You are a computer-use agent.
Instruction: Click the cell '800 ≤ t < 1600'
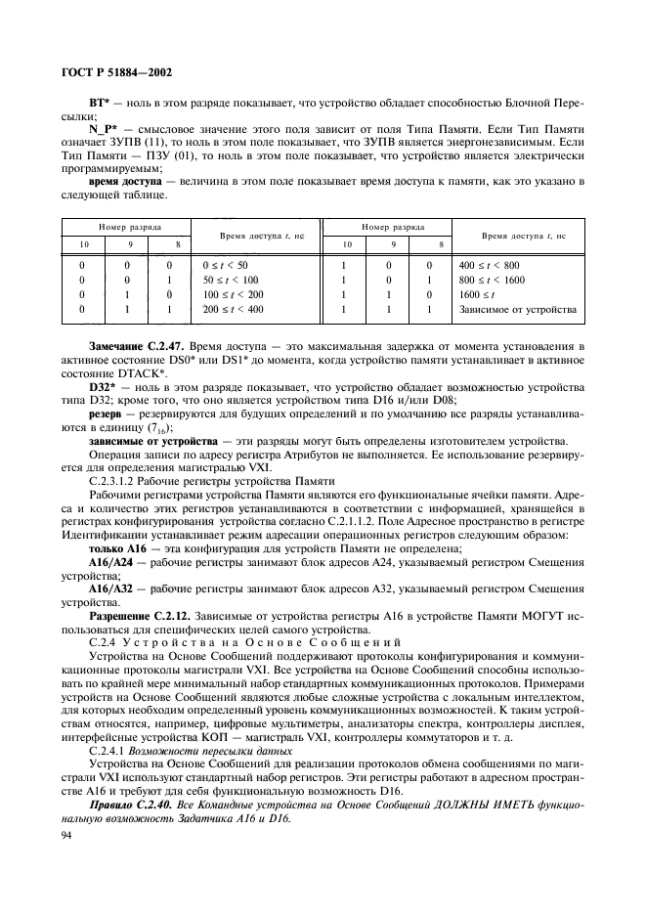492,280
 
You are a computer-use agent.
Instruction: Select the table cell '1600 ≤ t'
476,294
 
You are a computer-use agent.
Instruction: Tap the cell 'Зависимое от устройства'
516,310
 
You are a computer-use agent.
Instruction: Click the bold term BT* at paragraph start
99,103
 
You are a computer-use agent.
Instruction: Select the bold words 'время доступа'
123,183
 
